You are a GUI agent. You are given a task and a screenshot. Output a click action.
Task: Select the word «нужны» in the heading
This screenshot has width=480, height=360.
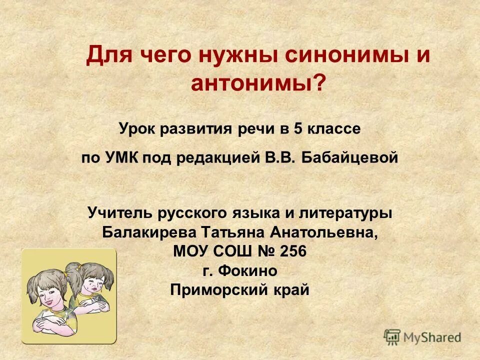pyautogui.click(x=237, y=55)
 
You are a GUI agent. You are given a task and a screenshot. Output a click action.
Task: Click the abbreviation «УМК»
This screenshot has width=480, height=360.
pyautogui.click(x=122, y=158)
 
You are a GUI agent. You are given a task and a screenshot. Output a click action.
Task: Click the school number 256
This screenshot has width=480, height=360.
pyautogui.click(x=292, y=251)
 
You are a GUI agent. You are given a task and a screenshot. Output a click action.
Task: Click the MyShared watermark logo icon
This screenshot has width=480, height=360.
pyautogui.click(x=392, y=337)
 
